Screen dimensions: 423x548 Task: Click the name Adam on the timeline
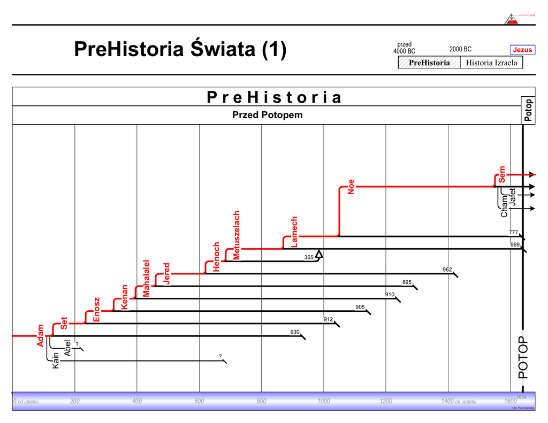[x=40, y=335]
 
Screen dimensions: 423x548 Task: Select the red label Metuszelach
[x=237, y=236]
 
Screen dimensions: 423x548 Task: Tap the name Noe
[x=351, y=186]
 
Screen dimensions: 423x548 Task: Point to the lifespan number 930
[x=295, y=332]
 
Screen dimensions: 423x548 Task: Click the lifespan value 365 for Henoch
[x=309, y=257]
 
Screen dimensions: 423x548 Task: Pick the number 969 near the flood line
[x=514, y=244]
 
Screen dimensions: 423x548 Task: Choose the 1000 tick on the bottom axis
[x=323, y=401]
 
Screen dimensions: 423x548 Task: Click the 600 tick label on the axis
[x=199, y=401]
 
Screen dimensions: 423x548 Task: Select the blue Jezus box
[x=522, y=50]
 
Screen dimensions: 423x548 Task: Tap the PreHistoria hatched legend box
[x=429, y=63]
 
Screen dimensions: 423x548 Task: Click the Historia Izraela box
[x=491, y=63]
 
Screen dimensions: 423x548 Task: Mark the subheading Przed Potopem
[x=267, y=115]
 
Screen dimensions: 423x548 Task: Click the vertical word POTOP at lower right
[x=523, y=357]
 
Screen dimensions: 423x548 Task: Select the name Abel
[x=67, y=348]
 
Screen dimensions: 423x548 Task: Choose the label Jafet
[x=513, y=198]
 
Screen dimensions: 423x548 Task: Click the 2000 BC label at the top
[x=460, y=49]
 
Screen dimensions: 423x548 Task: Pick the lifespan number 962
[x=447, y=270]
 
